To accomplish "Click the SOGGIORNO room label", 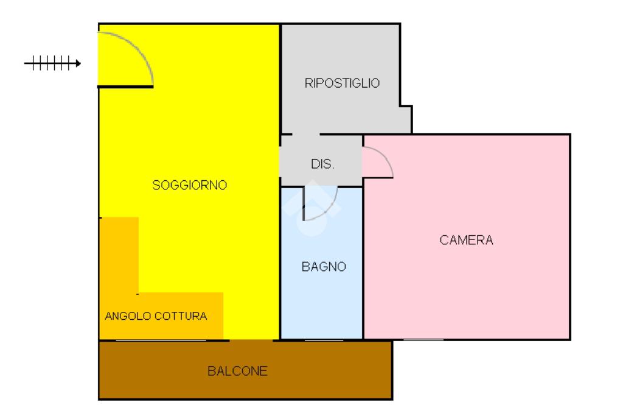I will click(x=189, y=185).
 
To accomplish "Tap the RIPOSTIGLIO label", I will click(x=342, y=83).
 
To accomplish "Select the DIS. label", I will click(x=322, y=164).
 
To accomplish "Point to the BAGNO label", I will click(x=324, y=267).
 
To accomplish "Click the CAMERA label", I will click(x=466, y=240).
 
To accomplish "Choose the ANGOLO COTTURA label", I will click(x=156, y=316).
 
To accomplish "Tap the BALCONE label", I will click(x=237, y=371).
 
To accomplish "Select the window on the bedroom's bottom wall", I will click(x=423, y=339).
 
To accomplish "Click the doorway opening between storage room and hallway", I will click(x=306, y=134).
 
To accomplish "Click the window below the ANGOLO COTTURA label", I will click(x=144, y=340).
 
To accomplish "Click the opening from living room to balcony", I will click(x=251, y=340).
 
